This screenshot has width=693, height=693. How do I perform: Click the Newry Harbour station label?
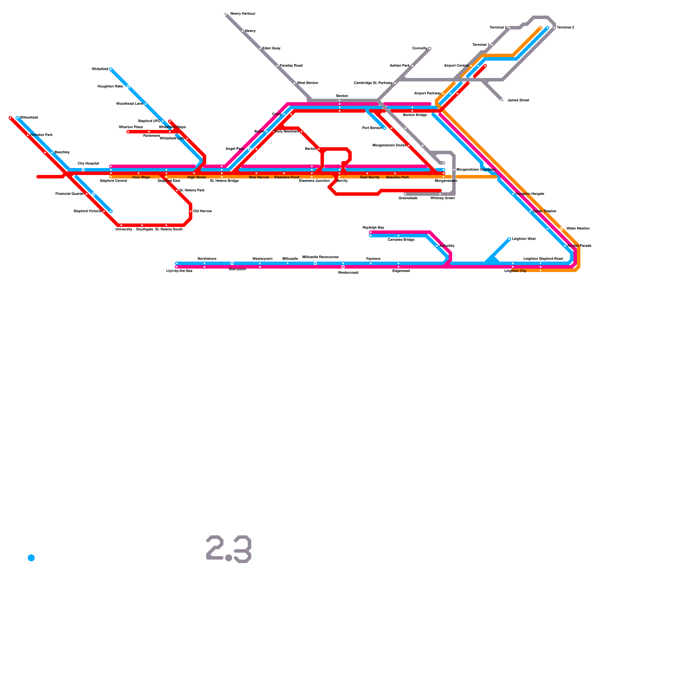point(243,14)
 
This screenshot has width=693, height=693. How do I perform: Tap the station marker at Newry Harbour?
point(225,14)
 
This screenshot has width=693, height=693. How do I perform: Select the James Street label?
point(518,100)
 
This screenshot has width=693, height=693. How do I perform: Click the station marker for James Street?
point(502,100)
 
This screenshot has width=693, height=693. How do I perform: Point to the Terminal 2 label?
point(565,28)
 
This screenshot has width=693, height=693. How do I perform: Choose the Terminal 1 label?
point(480,45)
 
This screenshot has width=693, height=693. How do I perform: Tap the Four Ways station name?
point(141,177)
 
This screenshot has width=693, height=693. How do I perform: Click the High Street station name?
point(196,177)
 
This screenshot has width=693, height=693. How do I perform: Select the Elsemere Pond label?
point(286,177)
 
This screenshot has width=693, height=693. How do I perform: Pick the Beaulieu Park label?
point(397,177)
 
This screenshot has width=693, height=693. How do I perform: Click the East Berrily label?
point(369,177)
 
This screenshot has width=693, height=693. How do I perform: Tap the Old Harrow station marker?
point(191,211)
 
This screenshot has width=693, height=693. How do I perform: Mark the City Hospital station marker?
point(83,170)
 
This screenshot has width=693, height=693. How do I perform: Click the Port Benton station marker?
point(385,128)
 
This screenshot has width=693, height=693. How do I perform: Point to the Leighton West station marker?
point(509,239)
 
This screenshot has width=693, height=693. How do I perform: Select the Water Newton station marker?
point(561,229)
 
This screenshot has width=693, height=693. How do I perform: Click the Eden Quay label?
point(271,49)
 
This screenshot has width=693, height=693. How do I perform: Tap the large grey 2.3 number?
point(229,549)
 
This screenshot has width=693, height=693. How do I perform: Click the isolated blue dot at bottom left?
point(31,558)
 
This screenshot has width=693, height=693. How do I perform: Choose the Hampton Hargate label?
point(529,194)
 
